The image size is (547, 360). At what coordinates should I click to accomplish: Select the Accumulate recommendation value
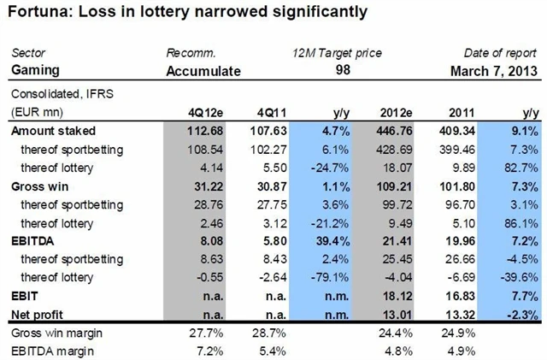(x=202, y=69)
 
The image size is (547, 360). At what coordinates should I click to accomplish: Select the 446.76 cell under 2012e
(x=395, y=131)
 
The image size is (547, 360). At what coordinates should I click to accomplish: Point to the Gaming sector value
(x=31, y=69)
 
